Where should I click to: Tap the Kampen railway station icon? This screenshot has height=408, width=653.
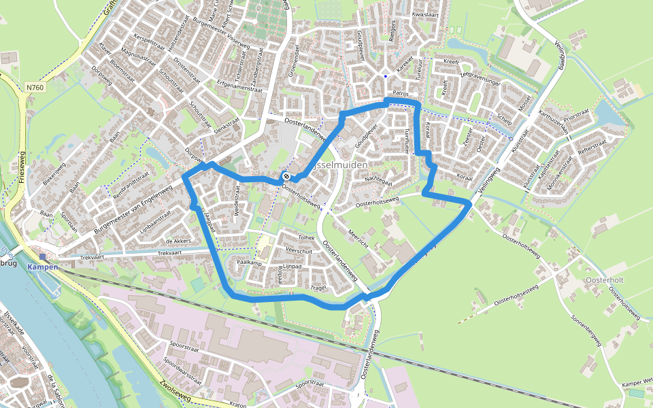[x=44, y=257]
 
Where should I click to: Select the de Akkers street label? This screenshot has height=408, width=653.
[x=178, y=241]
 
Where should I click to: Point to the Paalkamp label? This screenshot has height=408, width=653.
[x=249, y=262]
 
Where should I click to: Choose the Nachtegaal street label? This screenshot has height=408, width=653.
[x=379, y=180]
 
